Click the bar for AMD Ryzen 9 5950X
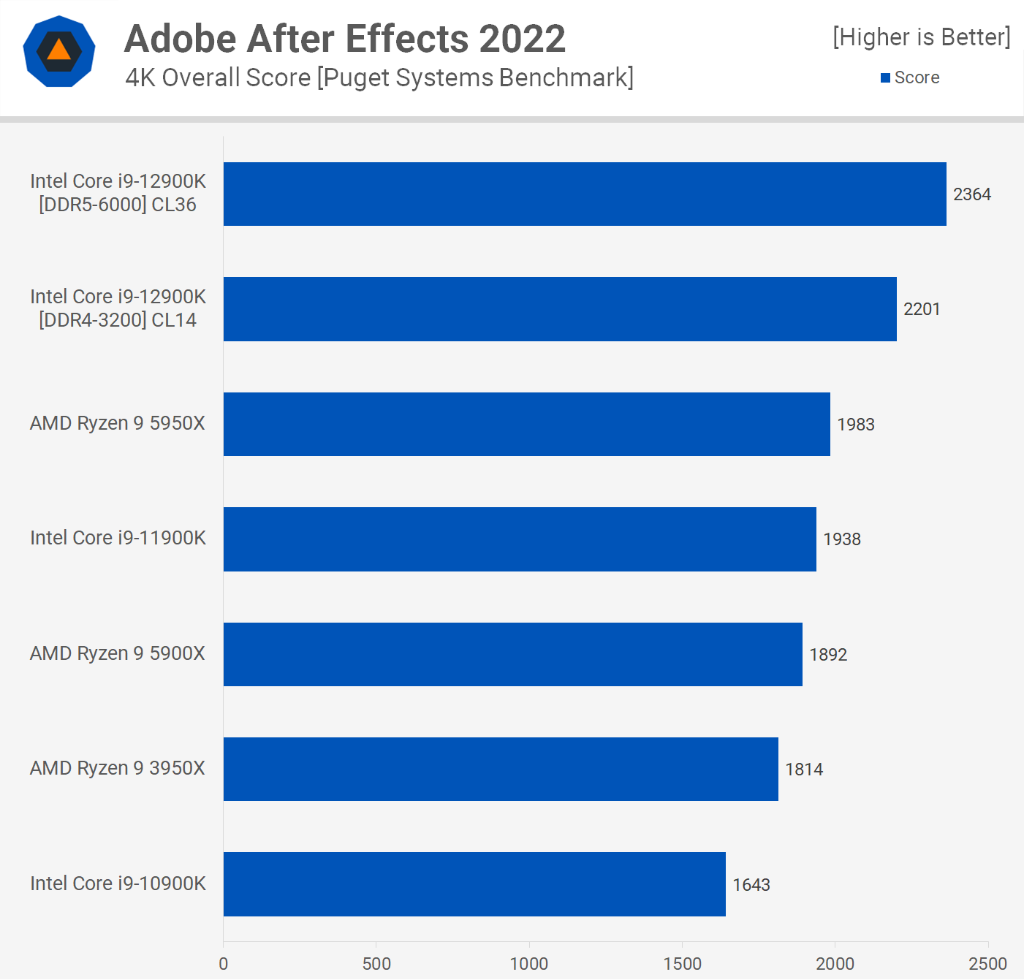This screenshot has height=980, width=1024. coord(526,424)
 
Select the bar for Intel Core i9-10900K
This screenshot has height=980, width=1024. coord(474,884)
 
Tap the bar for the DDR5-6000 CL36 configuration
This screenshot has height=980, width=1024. coord(585,194)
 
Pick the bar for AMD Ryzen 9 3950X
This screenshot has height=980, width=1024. coord(501,769)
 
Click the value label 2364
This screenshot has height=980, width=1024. coord(971,194)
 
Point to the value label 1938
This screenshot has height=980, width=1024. coord(841,539)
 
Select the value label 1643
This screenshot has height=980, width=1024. coord(751,885)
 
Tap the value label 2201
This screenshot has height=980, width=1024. coord(921,309)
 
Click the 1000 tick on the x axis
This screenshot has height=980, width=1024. coord(529,964)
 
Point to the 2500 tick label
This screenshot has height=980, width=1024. coord(987,964)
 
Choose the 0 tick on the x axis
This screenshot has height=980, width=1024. coord(224,964)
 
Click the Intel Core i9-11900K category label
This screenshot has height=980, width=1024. coord(118,538)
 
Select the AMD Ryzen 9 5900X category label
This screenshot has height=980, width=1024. coord(117,653)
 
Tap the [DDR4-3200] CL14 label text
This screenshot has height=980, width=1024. coord(118,320)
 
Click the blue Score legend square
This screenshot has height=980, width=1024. coord(885,77)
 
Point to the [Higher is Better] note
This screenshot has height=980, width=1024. coord(921,37)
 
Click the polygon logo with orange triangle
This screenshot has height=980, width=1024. coord(59,51)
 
